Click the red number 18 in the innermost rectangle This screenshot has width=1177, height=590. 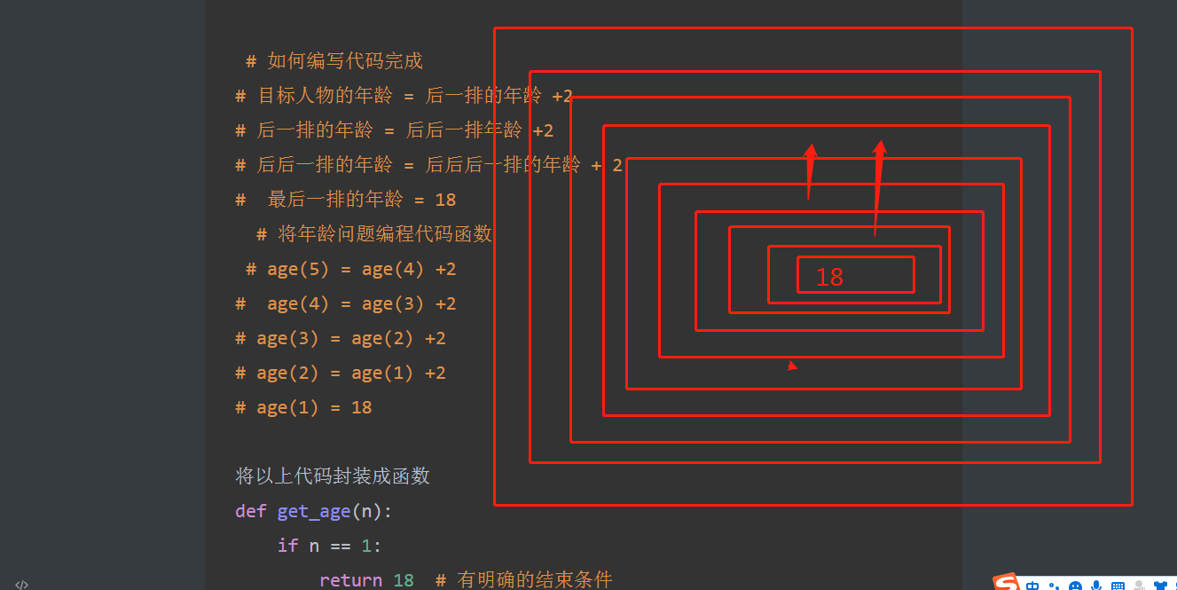coord(829,277)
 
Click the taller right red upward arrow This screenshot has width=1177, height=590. coord(878,186)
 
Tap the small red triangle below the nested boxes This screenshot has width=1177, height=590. coord(791,365)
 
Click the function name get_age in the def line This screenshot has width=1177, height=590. coord(314,511)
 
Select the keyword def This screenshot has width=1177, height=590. coord(250,511)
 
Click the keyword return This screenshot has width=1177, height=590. coord(351,580)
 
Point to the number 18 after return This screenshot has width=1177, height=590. coord(404,580)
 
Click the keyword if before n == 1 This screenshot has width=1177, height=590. coord(287,546)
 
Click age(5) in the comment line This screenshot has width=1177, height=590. coord(291,269)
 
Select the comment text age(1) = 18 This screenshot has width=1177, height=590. coord(314,407)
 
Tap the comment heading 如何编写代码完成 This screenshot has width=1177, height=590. coord(345,60)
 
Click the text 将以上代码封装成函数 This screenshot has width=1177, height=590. coord(333,476)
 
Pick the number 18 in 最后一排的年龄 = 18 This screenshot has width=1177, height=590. coord(445,200)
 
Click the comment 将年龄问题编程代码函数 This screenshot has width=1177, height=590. coord(385,234)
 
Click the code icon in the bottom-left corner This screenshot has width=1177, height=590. coord(22,584)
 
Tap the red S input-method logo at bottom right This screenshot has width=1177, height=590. coord(1006,583)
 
